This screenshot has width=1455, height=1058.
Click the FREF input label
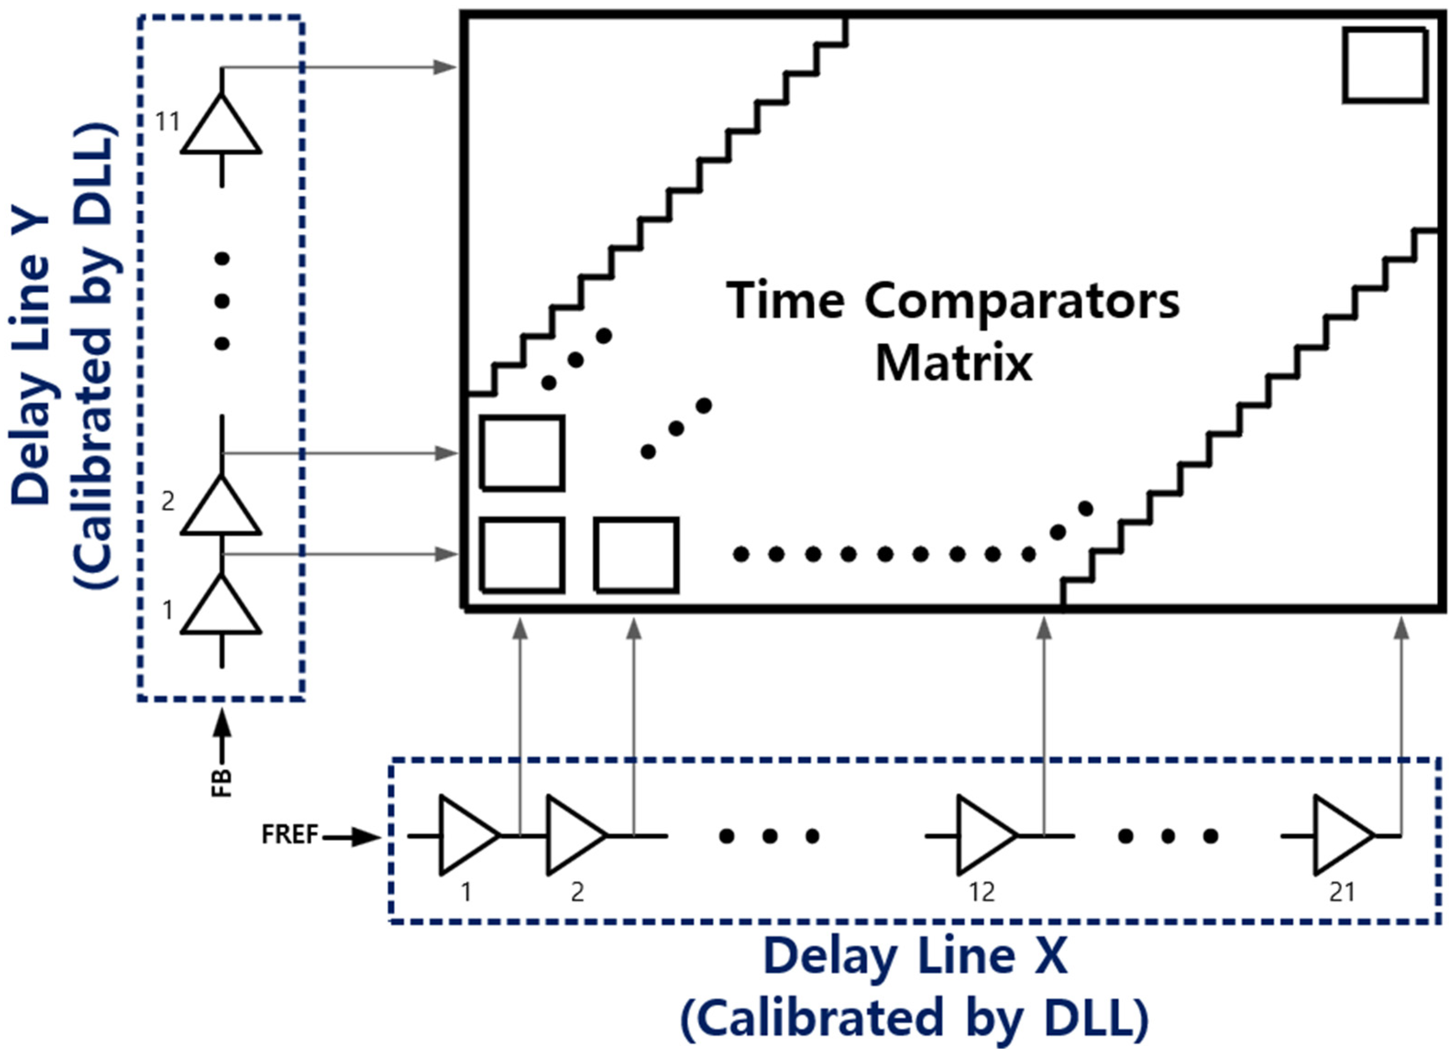click(x=290, y=835)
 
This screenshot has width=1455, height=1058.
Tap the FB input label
click(x=222, y=782)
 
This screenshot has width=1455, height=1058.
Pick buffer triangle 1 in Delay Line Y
click(x=221, y=610)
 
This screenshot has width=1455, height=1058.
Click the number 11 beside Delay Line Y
click(x=167, y=121)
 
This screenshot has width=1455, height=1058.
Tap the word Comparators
click(x=1022, y=301)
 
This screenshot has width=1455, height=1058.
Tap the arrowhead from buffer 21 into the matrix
click(x=1402, y=628)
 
